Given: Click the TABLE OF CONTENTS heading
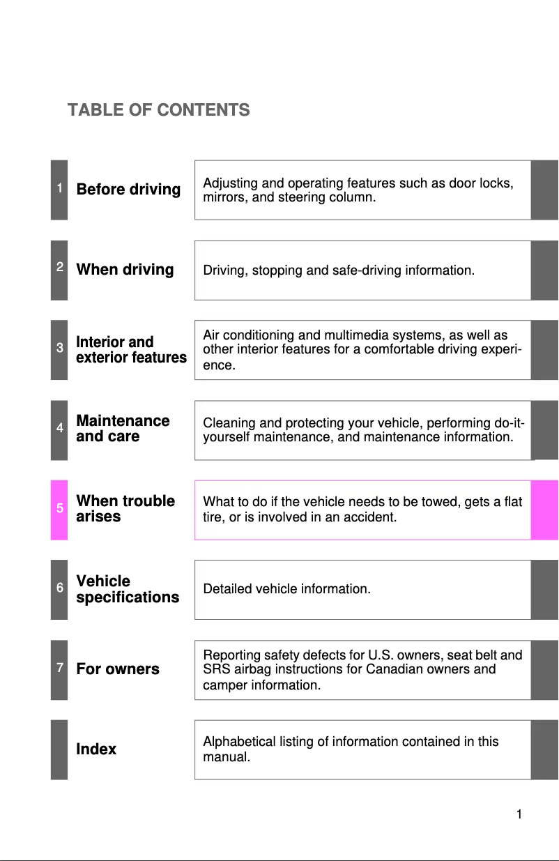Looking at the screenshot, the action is point(159,110).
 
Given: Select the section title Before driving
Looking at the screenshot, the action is point(128,190).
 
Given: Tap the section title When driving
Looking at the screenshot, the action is point(125,270).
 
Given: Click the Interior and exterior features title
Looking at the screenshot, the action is point(131,350).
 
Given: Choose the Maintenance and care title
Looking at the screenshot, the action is point(123,429).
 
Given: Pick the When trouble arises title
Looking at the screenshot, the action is point(125,509).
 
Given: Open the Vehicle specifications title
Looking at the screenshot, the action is point(128,589).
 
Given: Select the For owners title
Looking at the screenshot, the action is point(118,669).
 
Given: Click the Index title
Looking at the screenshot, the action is point(96,749).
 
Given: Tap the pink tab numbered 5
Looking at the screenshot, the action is point(59,509).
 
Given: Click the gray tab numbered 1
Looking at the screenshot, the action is point(59,189).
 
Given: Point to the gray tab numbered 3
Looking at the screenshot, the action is point(59,349).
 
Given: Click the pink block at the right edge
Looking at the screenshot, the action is point(544,510).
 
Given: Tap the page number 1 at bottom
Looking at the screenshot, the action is point(519,814).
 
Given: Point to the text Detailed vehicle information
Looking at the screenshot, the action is point(286,590).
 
